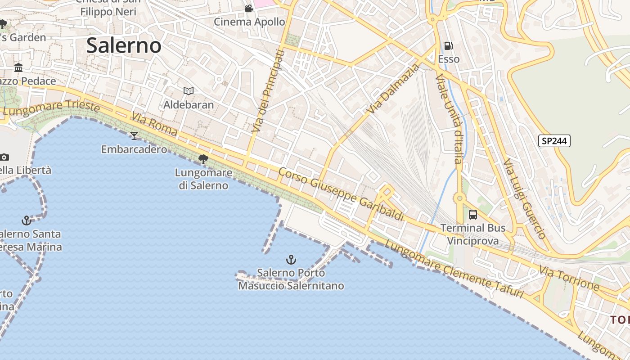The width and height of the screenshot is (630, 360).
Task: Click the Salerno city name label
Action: click(x=124, y=46)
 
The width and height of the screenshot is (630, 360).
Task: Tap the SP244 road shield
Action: click(x=554, y=141)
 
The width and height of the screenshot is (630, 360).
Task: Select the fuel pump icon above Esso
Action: click(x=448, y=46)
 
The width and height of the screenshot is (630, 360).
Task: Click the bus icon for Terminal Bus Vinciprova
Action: click(x=473, y=215)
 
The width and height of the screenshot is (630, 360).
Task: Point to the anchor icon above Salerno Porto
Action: click(x=291, y=260)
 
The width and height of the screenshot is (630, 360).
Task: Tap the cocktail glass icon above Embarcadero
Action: click(x=134, y=135)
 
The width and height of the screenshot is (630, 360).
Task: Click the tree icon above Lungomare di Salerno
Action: click(x=203, y=159)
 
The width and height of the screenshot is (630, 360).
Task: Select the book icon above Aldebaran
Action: click(x=189, y=91)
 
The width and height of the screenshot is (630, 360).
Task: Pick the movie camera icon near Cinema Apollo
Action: click(x=249, y=8)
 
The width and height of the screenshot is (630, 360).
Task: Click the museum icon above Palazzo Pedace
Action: click(x=18, y=68)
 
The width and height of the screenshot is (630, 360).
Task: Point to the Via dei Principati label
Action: click(x=268, y=91)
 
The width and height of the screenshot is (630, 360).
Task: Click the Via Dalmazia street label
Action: click(x=393, y=89)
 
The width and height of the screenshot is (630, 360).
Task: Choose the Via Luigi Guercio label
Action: click(x=524, y=198)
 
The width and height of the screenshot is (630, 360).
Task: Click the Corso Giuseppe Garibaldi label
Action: click(x=341, y=194)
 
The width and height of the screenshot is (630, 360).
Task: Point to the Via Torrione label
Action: click(x=569, y=278)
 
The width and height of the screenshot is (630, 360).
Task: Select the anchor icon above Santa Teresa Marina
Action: click(x=27, y=220)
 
